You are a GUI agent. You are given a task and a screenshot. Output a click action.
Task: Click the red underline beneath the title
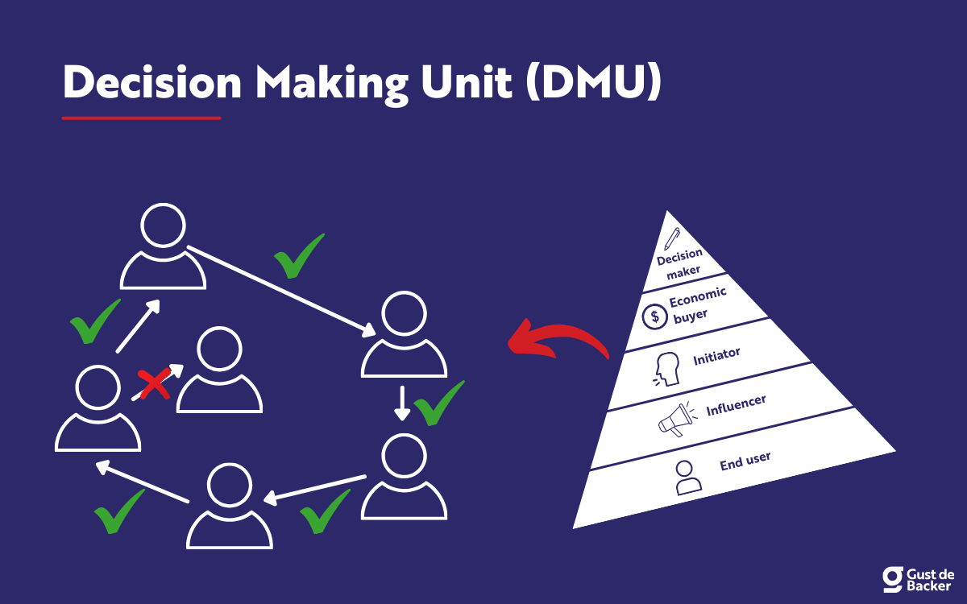point(141,118)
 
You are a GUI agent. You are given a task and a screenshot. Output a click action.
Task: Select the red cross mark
point(154,385)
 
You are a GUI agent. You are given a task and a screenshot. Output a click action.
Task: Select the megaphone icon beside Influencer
point(676,419)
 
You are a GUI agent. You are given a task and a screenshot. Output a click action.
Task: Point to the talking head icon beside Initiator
point(666,369)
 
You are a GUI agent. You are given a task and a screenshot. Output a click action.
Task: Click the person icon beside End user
point(687,477)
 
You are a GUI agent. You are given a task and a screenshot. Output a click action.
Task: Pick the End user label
point(745,461)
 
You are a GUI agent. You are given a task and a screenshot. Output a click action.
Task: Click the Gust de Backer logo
point(918,577)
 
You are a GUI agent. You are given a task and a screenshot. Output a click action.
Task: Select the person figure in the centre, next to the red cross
point(219,371)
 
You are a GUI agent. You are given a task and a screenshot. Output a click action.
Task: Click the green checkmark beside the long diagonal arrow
point(299,255)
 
